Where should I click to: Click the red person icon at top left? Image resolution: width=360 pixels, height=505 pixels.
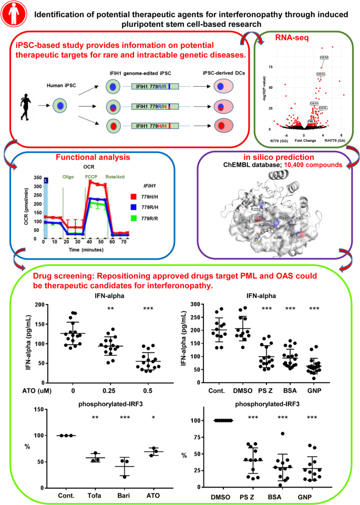(x=13, y=14)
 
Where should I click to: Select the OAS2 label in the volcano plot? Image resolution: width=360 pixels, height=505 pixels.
(x=324, y=57)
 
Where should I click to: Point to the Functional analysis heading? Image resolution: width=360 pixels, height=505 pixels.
(x=91, y=159)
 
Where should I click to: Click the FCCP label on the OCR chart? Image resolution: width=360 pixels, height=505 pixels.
(x=92, y=177)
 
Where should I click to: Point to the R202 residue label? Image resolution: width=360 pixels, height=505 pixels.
(x=256, y=209)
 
